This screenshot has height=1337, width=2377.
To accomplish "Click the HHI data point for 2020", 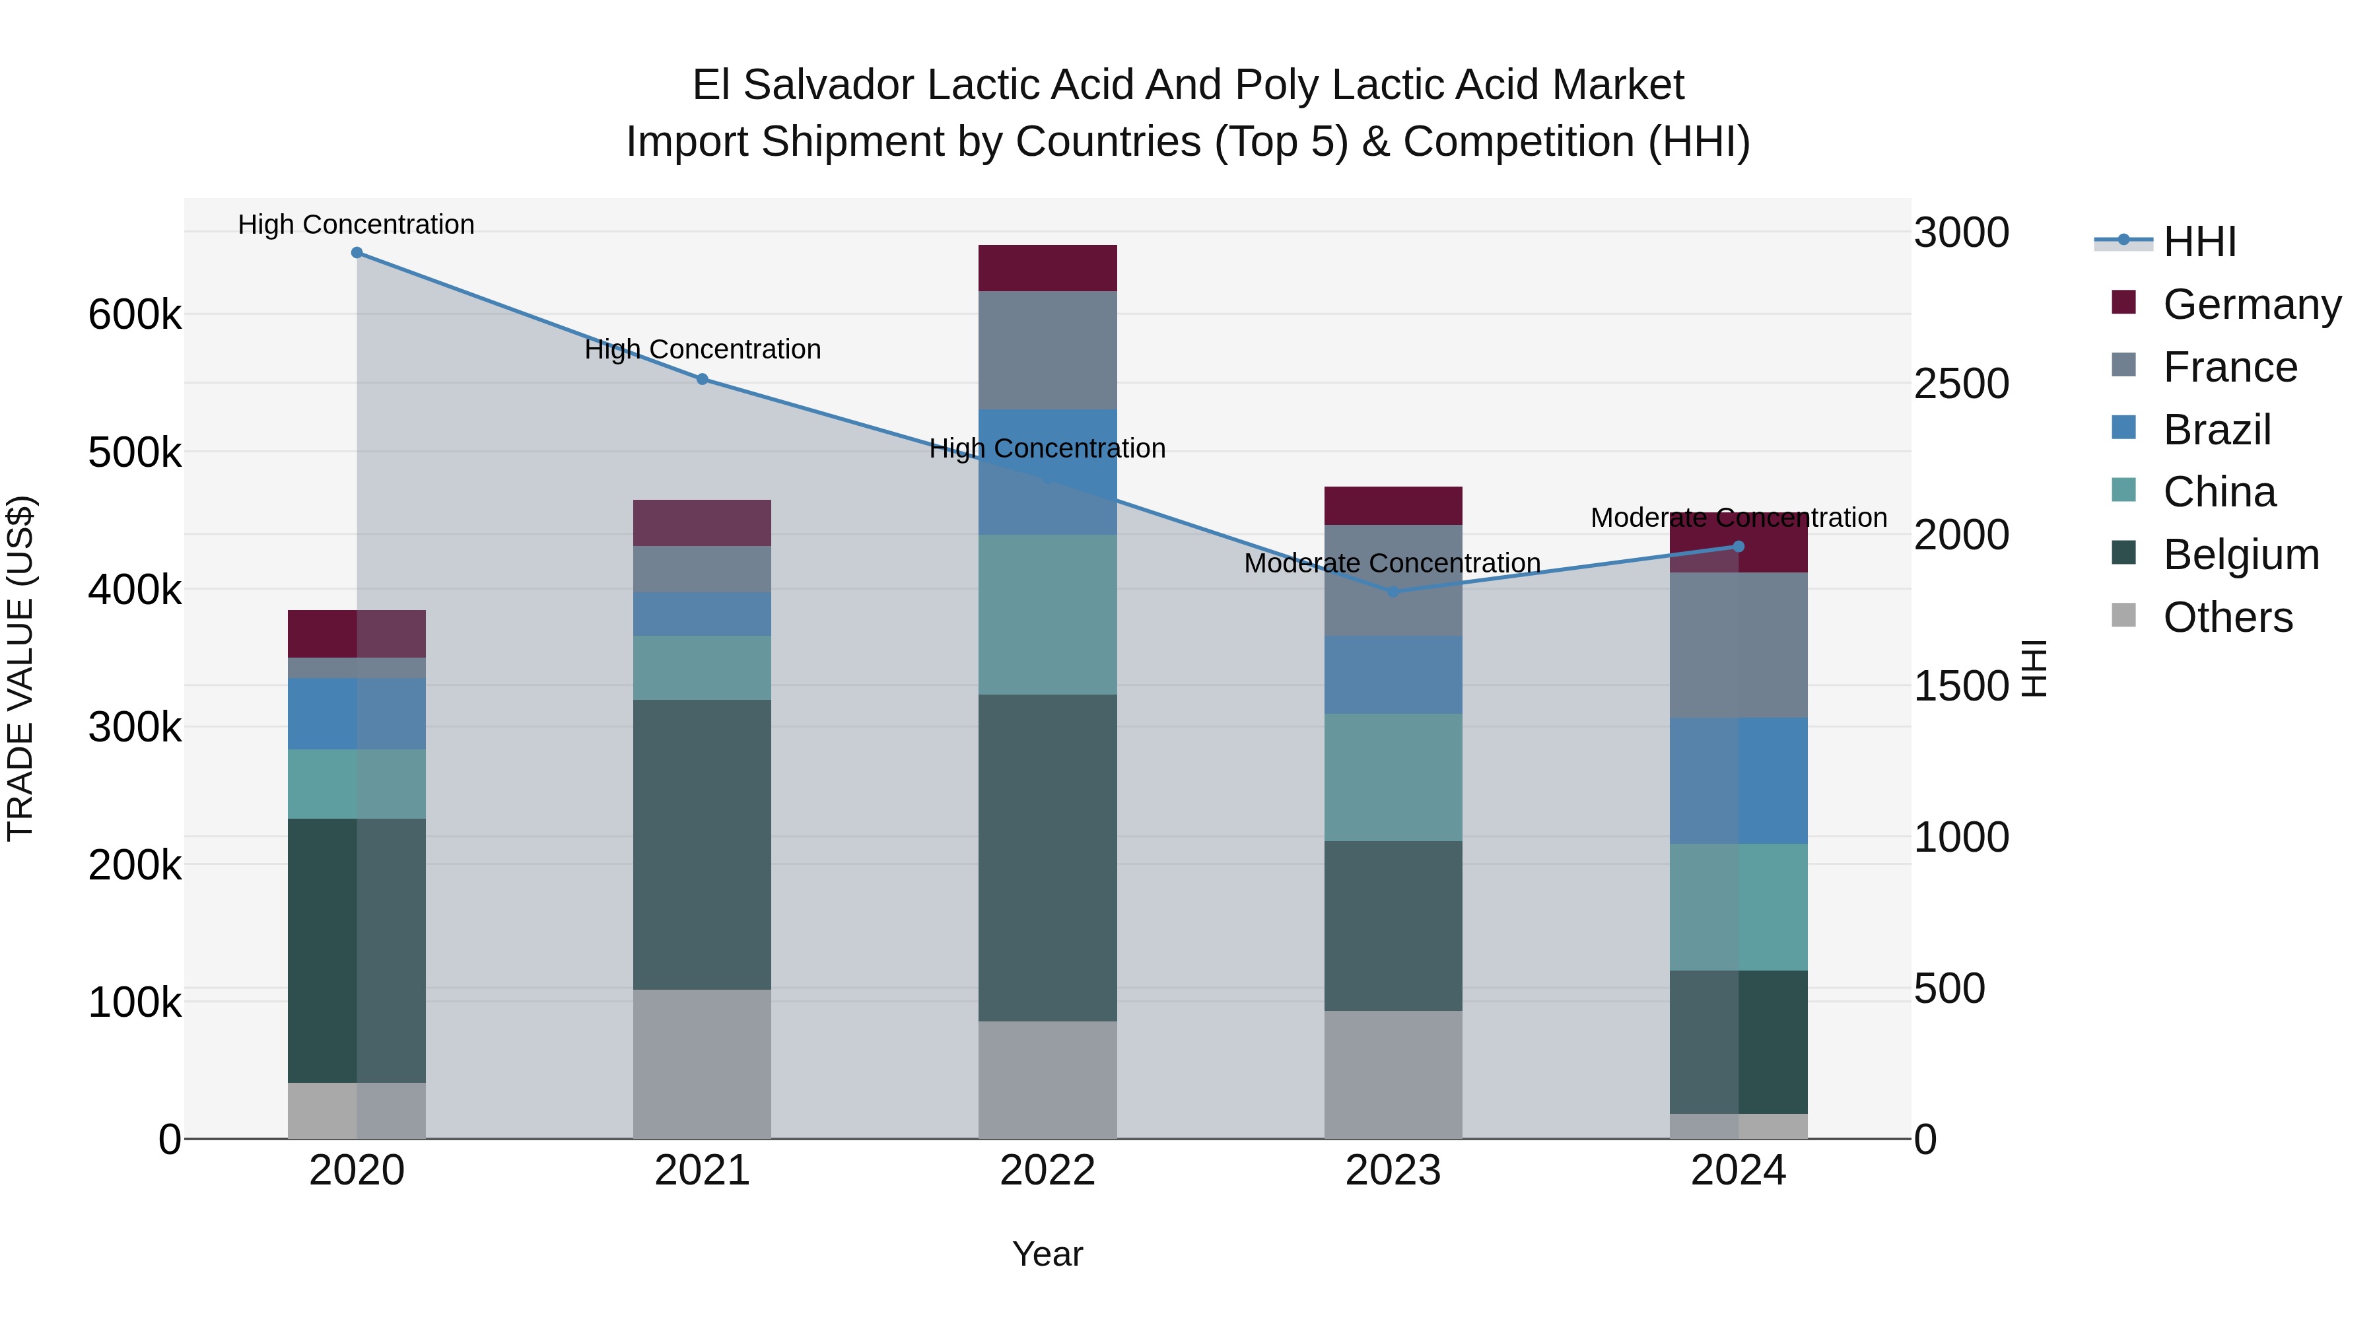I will pyautogui.click(x=357, y=253).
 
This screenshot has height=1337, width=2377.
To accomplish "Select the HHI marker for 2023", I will pyautogui.click(x=1393, y=592).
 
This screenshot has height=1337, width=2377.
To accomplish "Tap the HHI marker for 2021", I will pyautogui.click(x=703, y=379).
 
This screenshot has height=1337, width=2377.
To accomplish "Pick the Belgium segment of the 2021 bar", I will pyautogui.click(x=703, y=844).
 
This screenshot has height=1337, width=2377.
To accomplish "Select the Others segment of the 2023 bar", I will pyautogui.click(x=1393, y=1074).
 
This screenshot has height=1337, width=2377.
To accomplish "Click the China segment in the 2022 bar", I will pyautogui.click(x=1047, y=615).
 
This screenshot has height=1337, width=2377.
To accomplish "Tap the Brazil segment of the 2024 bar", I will pyautogui.click(x=1739, y=780).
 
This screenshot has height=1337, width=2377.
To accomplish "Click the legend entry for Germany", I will pyautogui.click(x=2252, y=304).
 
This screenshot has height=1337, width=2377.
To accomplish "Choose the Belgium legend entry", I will pyautogui.click(x=2240, y=555).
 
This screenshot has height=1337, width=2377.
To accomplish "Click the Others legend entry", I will pyautogui.click(x=2228, y=617).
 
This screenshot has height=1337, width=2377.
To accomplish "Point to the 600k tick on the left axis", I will pyautogui.click(x=135, y=315).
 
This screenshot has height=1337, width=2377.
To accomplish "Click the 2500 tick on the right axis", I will pyautogui.click(x=1961, y=384).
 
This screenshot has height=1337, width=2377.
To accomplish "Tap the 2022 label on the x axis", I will pyautogui.click(x=1047, y=1171).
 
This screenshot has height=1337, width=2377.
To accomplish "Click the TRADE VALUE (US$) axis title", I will pyautogui.click(x=20, y=668).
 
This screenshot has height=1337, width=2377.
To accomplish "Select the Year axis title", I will pyautogui.click(x=1047, y=1254).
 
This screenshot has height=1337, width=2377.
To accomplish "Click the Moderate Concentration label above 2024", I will pyautogui.click(x=1739, y=518).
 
